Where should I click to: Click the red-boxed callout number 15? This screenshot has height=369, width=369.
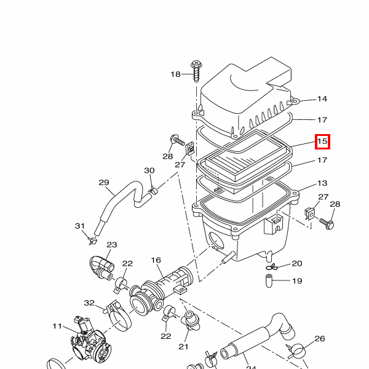[322, 141]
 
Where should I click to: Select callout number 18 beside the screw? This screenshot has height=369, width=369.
[175, 74]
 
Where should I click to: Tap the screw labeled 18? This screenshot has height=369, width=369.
[197, 71]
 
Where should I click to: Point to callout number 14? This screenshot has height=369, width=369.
[322, 98]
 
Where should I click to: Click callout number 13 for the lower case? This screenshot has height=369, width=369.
[322, 183]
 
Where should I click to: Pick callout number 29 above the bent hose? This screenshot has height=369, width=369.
[104, 183]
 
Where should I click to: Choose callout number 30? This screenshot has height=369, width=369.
[149, 170]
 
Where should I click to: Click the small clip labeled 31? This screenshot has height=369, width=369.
[92, 240]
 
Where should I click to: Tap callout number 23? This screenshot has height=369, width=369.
[112, 245]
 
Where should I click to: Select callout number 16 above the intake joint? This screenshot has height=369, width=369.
[156, 260]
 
